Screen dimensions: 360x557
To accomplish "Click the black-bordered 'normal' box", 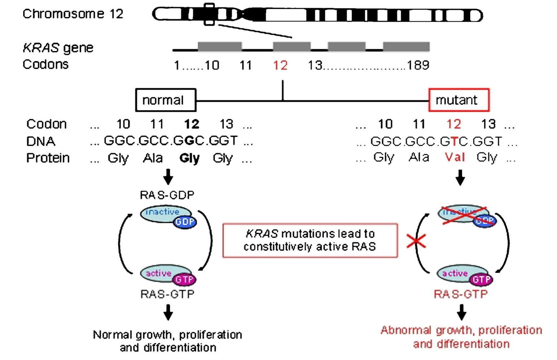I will point(166,100).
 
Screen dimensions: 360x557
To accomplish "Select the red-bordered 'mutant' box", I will point(459,100).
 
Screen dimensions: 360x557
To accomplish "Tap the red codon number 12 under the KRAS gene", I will point(280,65).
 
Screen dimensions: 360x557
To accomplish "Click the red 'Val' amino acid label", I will point(455,157).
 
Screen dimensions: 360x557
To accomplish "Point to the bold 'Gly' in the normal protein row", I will point(189,158).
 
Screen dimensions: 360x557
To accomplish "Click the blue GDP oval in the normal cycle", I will point(185,222).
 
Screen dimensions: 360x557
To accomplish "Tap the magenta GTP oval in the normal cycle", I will point(184,280).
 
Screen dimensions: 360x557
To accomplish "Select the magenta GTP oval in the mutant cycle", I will point(481,280).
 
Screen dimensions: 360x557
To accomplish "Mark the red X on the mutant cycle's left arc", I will point(416,241).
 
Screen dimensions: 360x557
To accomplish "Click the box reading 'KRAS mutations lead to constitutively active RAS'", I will point(310,240).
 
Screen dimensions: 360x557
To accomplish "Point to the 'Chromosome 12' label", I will point(73,14).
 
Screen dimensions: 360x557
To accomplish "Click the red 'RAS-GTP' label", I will point(461,294).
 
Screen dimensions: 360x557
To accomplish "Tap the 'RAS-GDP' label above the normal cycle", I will point(167,195).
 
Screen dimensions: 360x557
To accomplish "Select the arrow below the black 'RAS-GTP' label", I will point(168,312).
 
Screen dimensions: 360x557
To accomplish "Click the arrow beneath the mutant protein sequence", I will point(460,178).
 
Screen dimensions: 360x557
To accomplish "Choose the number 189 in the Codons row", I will point(418,65).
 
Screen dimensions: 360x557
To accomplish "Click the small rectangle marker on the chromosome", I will point(209,15).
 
